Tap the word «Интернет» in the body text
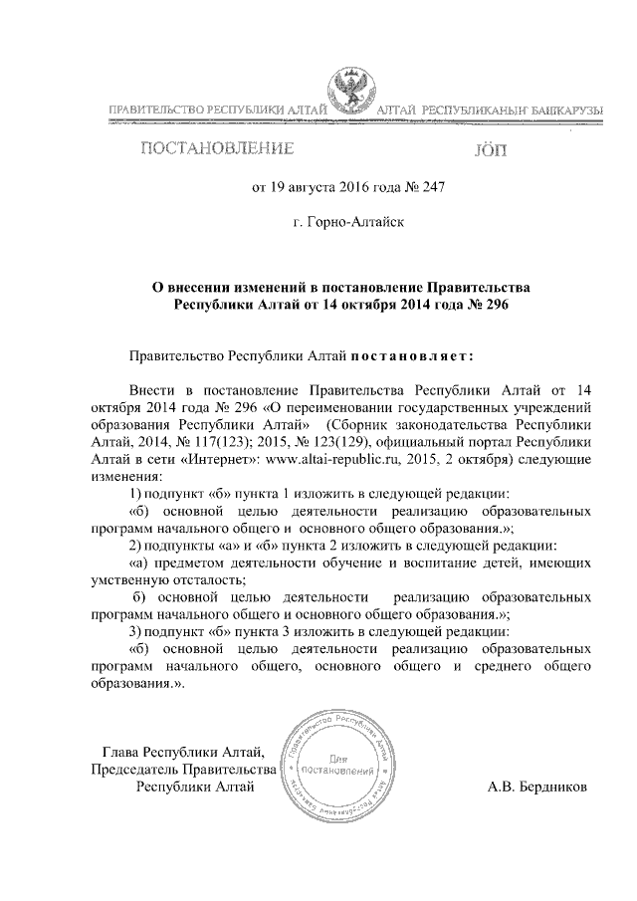click(225, 460)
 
